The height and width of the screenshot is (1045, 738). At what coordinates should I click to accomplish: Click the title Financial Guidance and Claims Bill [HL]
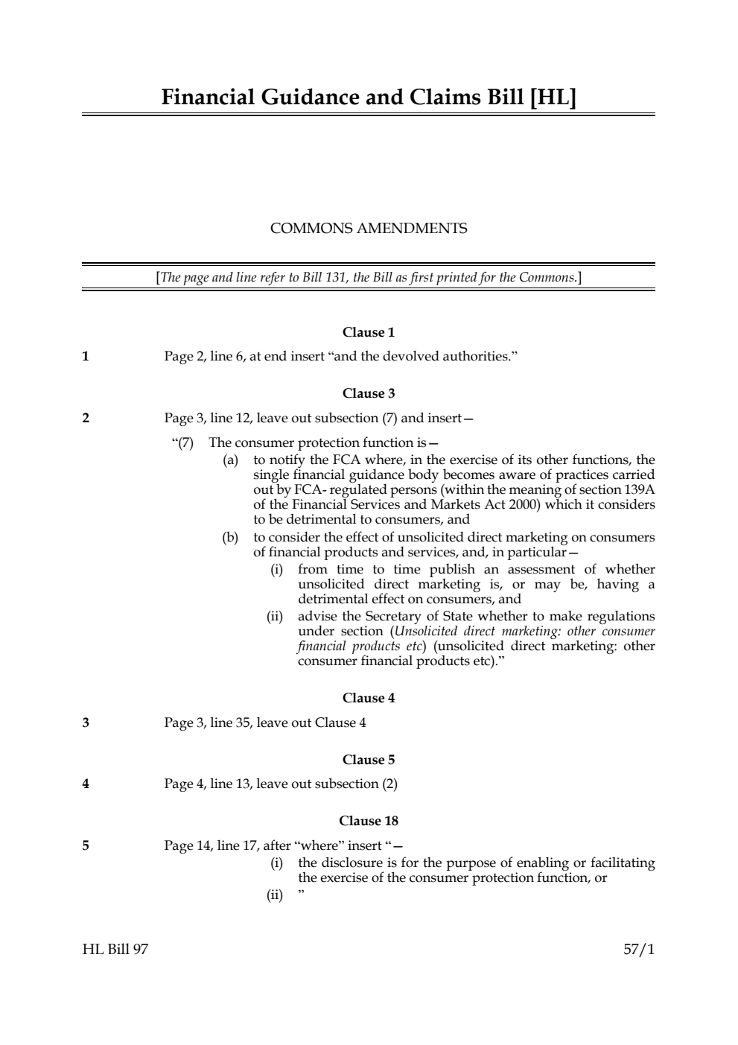coord(369,98)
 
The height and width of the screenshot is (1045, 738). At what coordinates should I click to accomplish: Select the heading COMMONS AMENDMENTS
coord(369,229)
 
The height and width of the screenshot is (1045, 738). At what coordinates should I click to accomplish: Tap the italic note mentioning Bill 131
coord(369,278)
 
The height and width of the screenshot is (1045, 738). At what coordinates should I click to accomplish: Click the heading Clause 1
coord(369,332)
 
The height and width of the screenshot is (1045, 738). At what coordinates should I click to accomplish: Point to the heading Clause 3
coord(369,393)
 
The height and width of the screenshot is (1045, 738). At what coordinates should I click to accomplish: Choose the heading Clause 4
coord(369,698)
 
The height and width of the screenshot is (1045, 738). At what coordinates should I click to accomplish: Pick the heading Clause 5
coord(369,760)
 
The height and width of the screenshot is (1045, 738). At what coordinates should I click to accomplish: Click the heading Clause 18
coord(369,821)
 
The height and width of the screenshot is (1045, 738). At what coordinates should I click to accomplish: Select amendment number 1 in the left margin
coord(86,356)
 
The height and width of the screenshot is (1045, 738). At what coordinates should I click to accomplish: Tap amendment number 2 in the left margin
coord(86,418)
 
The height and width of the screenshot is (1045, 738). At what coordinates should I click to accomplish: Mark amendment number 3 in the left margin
coord(86,722)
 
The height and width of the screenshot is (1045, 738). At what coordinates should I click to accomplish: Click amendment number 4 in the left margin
coord(86,784)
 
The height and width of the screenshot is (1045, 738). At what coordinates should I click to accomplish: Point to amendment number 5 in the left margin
coord(86,845)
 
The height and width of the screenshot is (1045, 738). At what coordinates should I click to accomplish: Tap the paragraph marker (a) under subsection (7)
coord(231,460)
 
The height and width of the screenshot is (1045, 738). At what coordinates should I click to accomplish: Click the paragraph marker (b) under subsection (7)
coord(231,537)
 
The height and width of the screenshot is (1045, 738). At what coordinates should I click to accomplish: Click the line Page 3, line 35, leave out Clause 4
coord(265,722)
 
